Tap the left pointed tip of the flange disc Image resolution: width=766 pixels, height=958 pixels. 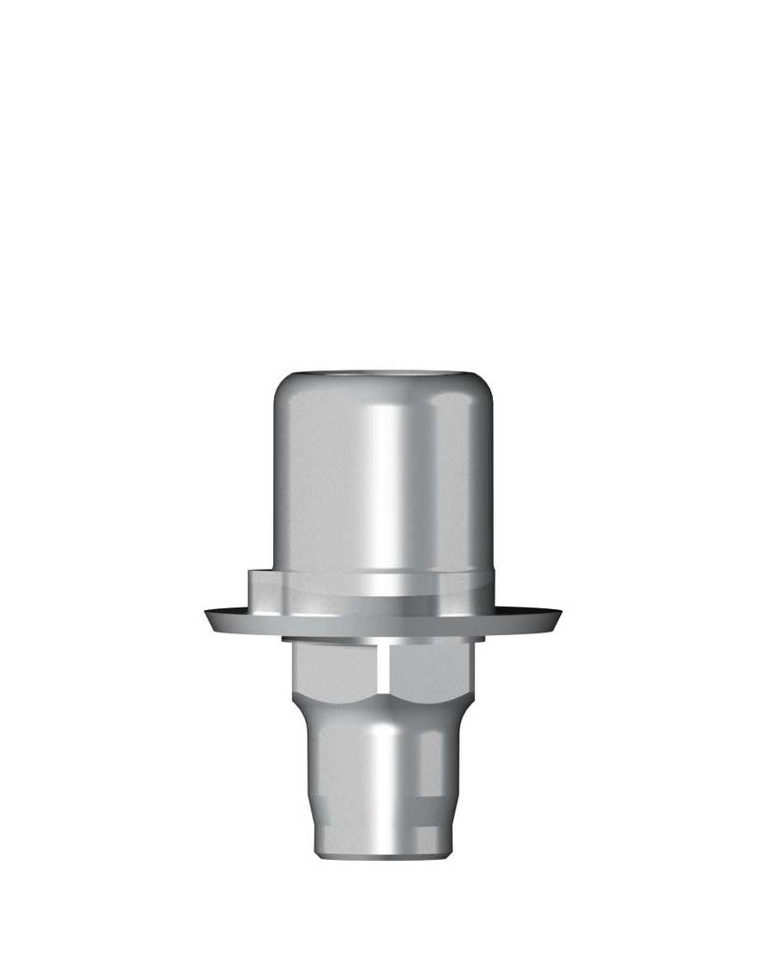click(x=207, y=615)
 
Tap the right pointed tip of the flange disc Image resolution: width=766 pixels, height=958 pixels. click(x=559, y=614)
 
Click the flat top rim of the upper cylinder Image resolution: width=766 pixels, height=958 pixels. click(x=383, y=373)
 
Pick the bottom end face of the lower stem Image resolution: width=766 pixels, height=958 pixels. click(x=383, y=854)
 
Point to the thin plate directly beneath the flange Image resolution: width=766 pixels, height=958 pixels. click(x=383, y=639)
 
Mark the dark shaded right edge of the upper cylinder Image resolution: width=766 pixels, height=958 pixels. click(x=484, y=486)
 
